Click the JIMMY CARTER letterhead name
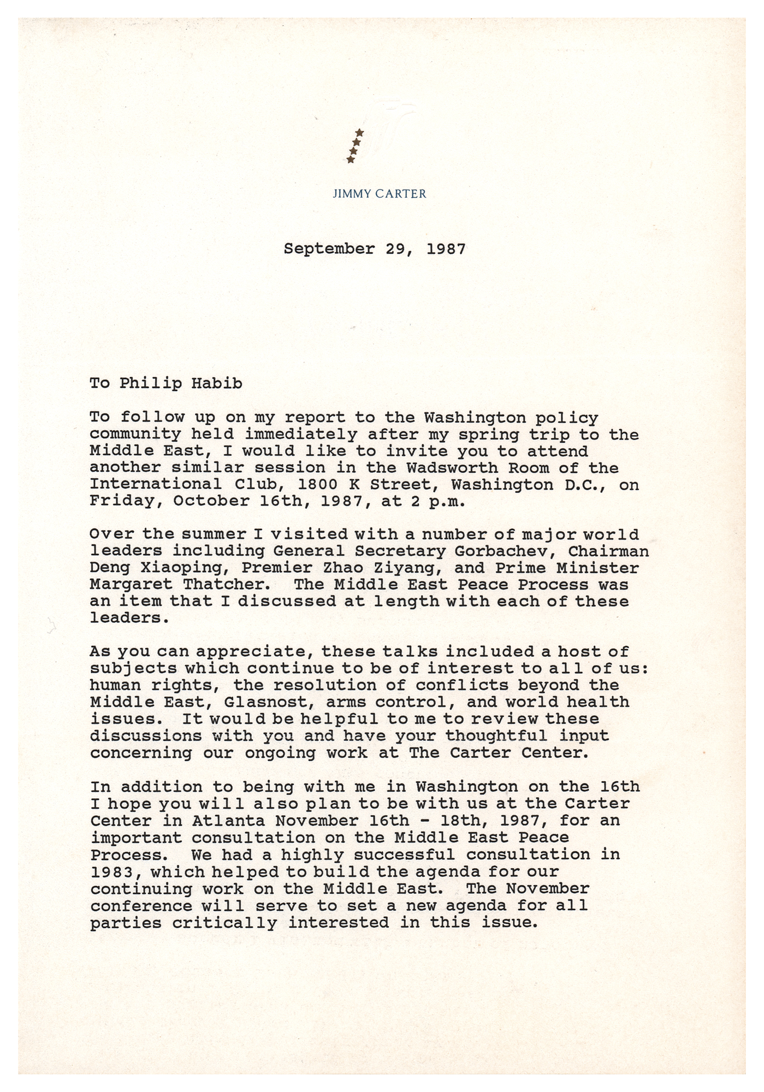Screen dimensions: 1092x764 point(379,193)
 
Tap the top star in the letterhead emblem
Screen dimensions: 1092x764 point(359,133)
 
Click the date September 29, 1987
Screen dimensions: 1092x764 point(375,249)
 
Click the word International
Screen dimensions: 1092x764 point(156,485)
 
